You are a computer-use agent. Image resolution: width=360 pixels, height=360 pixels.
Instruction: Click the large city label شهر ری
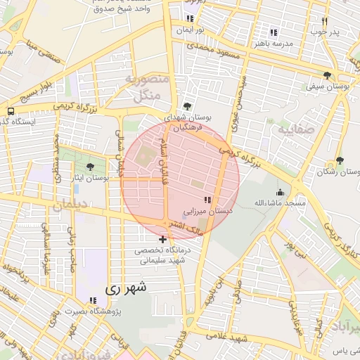click(127, 288)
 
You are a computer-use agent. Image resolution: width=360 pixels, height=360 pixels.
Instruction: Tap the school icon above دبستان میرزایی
click(207, 200)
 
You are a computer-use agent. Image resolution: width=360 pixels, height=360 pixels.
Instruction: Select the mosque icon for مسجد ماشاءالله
click(281, 192)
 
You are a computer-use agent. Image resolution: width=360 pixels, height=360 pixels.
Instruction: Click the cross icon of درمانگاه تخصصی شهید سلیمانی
click(163, 240)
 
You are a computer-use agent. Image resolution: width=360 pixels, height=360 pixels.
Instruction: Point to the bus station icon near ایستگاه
click(11, 111)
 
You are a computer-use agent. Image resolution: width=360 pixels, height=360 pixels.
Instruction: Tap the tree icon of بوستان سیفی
click(327, 76)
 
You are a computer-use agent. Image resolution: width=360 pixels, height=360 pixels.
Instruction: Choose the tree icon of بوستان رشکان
click(340, 161)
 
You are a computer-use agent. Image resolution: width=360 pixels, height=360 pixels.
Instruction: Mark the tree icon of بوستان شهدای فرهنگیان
click(186, 106)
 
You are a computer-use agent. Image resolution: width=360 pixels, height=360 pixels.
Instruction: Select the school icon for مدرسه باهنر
click(274, 32)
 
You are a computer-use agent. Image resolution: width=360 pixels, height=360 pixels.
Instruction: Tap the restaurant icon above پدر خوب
click(324, 21)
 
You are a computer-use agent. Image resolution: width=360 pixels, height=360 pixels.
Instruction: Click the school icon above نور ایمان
click(190, 19)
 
